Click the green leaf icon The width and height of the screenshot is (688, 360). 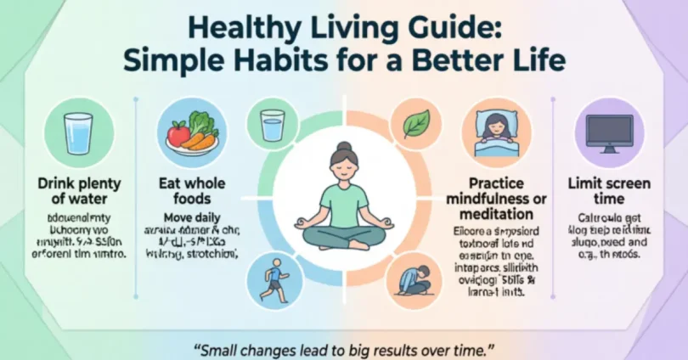point(417,125)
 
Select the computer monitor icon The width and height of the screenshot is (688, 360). point(609,133)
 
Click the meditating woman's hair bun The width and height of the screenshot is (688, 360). point(344,147)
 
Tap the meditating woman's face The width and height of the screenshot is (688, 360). point(344,168)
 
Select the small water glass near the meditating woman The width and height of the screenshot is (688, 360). point(273,125)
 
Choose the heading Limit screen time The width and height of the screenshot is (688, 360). point(609,189)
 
